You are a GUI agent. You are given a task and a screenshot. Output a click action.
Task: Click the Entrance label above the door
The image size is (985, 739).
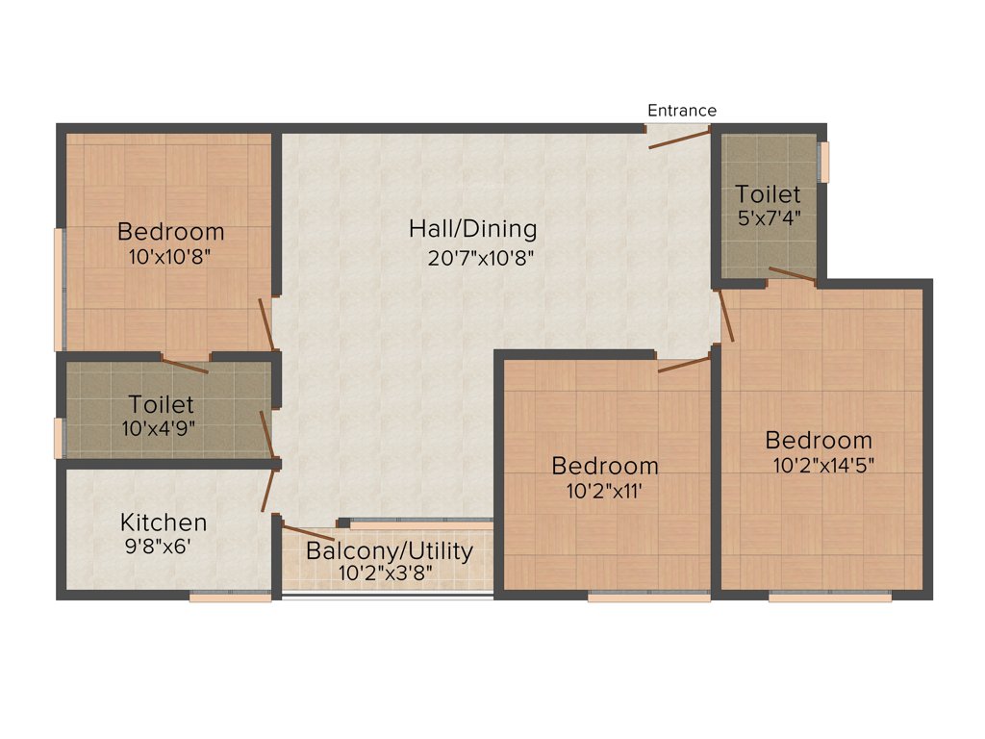pos(681,111)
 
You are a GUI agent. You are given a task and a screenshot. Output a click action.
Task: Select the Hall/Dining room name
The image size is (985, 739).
pos(472,229)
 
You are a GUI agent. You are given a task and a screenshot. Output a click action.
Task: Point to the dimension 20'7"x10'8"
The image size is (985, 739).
pos(480,257)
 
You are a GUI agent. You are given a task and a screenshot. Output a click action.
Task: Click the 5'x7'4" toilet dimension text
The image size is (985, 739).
pos(768,217)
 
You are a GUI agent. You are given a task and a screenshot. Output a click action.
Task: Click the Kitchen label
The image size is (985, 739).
pos(164,522)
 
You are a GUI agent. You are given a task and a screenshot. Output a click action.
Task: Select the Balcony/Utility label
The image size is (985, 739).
pos(390,551)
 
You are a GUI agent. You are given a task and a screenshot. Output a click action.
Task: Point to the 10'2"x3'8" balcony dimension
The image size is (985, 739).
pos(386,573)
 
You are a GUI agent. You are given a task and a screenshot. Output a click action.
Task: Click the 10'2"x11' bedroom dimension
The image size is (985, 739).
pos(604,491)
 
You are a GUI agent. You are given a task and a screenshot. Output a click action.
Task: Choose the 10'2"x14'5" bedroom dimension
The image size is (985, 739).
pos(823,465)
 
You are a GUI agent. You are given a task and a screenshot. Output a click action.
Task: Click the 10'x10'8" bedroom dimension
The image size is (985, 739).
pos(169,257)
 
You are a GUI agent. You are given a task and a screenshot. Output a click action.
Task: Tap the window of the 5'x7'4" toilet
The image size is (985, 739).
pos(824,162)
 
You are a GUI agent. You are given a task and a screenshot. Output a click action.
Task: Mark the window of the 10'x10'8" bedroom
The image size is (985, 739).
pos(60,289)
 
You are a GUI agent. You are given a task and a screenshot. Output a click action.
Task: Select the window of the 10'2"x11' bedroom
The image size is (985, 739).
pos(648,597)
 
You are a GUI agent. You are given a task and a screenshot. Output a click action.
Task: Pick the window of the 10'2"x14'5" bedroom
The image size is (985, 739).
pos(829,597)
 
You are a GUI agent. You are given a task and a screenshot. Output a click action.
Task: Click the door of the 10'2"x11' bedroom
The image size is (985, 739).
pos(684,364)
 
